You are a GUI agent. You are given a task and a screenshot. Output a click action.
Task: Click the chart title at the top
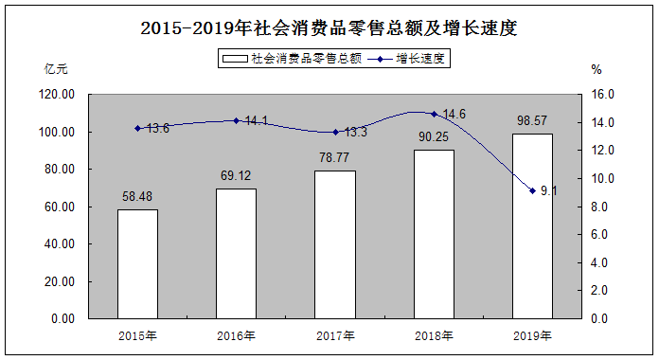[x=329, y=28]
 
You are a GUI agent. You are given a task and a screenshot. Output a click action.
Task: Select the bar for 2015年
[x=138, y=263]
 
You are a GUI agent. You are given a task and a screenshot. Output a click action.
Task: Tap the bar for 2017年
[x=335, y=244]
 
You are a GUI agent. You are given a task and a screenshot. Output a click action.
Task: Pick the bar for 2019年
[x=532, y=225]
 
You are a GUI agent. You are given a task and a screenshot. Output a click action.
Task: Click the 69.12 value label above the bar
[x=236, y=175]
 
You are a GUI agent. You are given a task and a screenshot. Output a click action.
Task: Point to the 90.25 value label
[x=434, y=136]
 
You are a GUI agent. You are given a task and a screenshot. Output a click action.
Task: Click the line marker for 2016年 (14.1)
[x=236, y=120]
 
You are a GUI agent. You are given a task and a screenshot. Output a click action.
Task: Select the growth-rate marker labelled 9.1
[x=532, y=191]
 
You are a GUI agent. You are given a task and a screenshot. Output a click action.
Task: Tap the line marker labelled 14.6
[x=435, y=114]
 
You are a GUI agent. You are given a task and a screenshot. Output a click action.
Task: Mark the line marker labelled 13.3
[x=335, y=132]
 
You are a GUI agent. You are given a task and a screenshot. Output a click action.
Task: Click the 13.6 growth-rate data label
[x=158, y=128]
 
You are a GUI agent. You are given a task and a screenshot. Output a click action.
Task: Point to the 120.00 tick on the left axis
[x=57, y=94]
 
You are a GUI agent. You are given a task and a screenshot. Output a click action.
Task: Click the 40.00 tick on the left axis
[x=60, y=243]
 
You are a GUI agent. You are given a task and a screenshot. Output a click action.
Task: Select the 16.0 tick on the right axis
[x=603, y=94]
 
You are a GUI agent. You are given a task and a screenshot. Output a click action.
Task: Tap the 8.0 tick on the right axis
[x=599, y=207]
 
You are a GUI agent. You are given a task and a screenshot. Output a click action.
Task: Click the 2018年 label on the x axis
[x=435, y=336]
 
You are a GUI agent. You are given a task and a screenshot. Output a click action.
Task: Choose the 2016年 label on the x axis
[x=236, y=336]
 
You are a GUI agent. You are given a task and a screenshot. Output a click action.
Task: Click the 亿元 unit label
[x=56, y=69]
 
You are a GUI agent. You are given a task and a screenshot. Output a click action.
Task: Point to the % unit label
[x=597, y=69]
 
